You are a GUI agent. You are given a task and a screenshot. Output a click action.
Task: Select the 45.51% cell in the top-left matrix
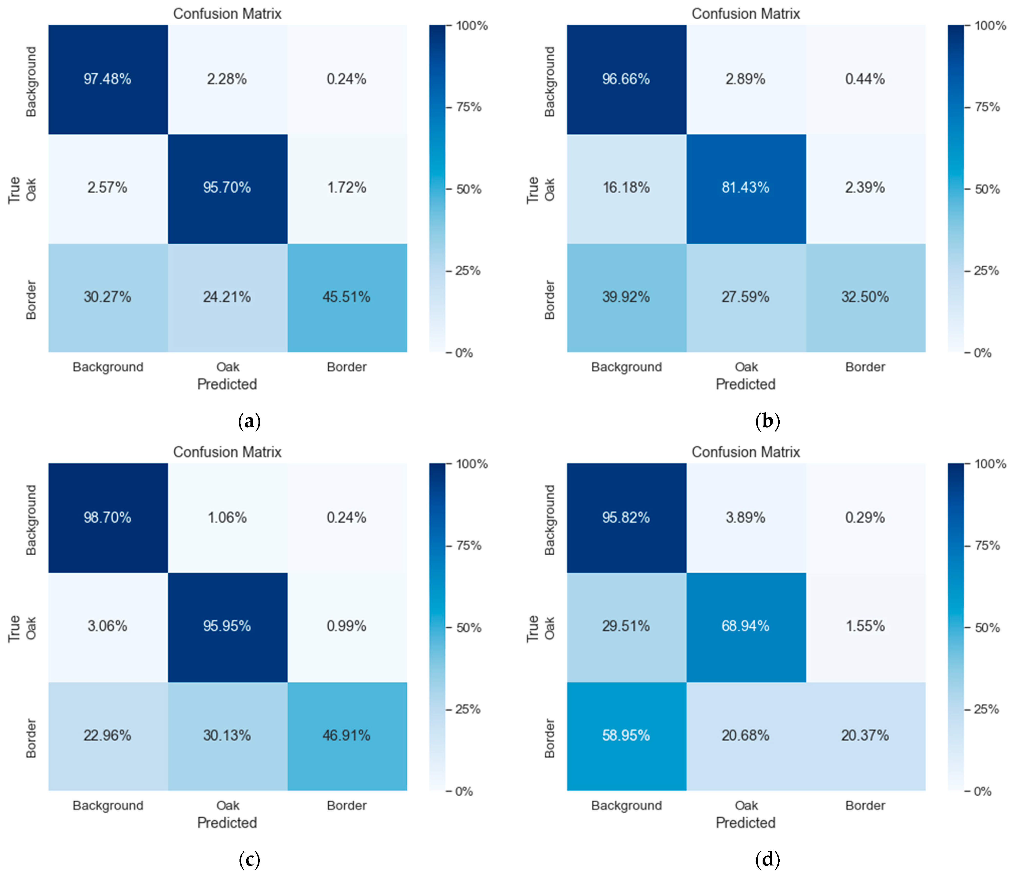click(x=346, y=297)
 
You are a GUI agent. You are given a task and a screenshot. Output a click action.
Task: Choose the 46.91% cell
click(x=346, y=735)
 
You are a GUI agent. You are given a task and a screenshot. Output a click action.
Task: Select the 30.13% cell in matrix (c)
click(x=227, y=735)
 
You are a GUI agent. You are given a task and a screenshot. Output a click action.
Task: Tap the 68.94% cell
click(x=745, y=626)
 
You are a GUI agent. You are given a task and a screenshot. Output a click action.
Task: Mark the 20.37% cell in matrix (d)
click(x=865, y=735)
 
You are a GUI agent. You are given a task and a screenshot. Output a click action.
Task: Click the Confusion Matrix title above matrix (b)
click(x=745, y=14)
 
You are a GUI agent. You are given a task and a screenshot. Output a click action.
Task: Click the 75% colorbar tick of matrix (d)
click(x=987, y=545)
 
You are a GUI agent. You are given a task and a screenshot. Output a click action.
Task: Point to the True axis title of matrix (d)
click(x=532, y=629)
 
